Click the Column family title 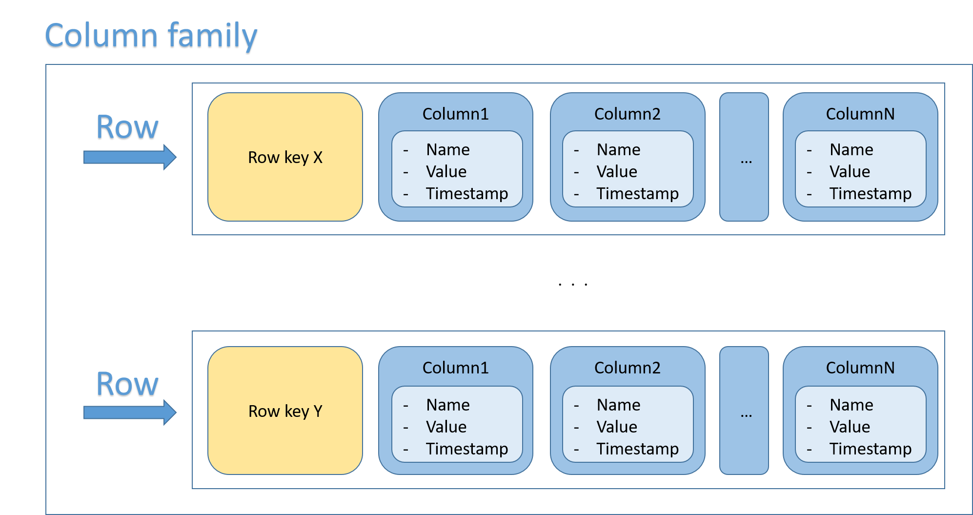point(151,37)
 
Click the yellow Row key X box point(285,157)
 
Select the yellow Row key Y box point(285,411)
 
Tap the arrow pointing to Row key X point(130,157)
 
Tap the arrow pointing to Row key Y point(130,412)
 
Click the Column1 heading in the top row point(455,114)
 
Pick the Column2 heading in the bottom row point(627,368)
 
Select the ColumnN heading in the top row point(860,114)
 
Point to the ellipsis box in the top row point(744,157)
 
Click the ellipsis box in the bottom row point(744,411)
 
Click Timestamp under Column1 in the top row point(466,193)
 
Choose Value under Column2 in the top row point(616,171)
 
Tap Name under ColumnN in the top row point(851,149)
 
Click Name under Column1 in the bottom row point(447,405)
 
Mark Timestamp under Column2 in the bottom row point(637,449)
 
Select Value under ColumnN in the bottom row point(850,427)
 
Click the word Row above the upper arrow point(127,128)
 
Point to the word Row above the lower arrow point(127,385)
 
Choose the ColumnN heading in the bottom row point(860,368)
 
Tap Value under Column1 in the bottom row point(446,427)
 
